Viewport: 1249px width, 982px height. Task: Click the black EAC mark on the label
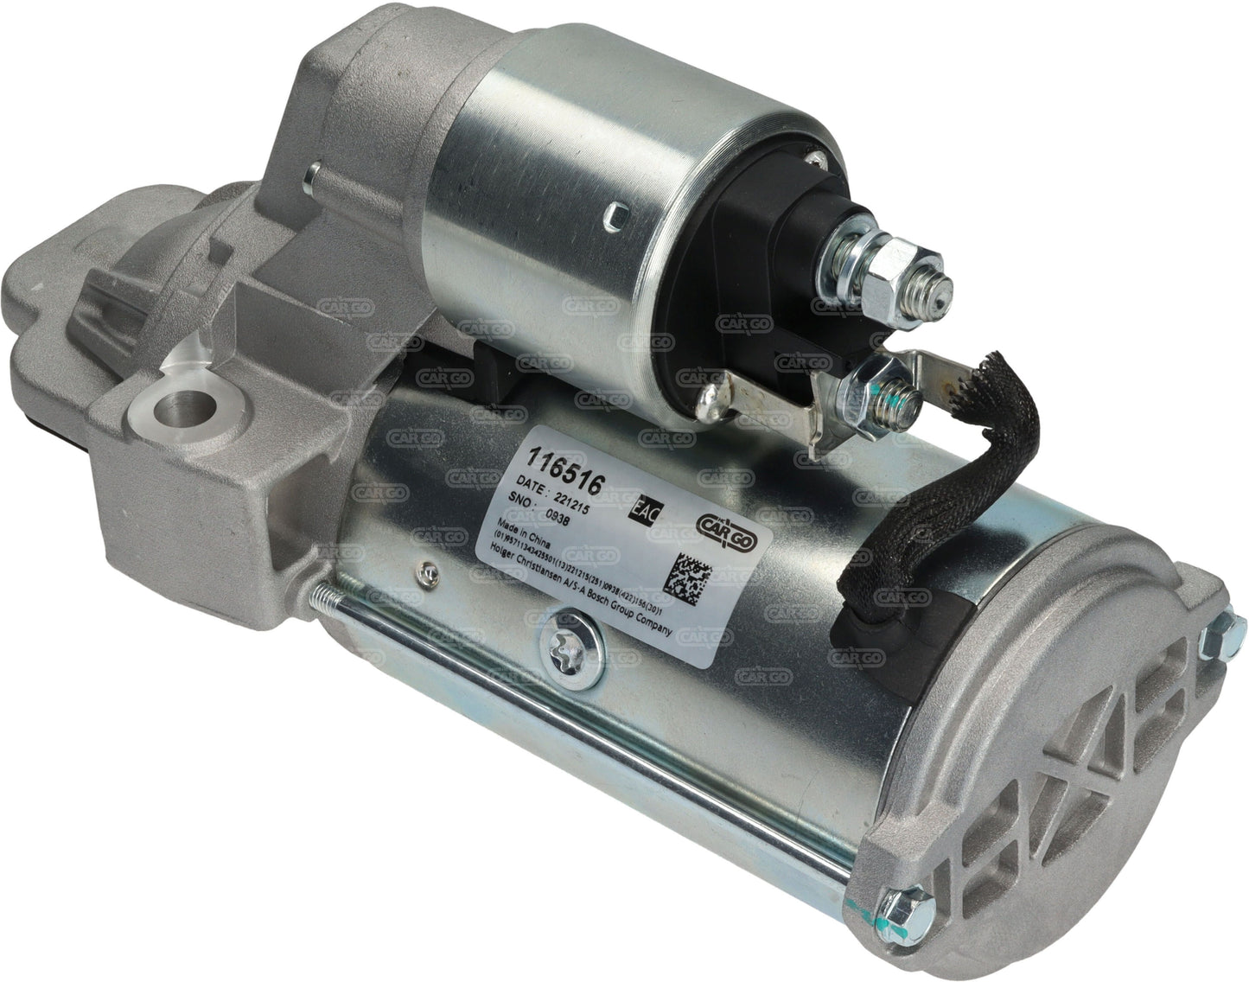pos(648,508)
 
